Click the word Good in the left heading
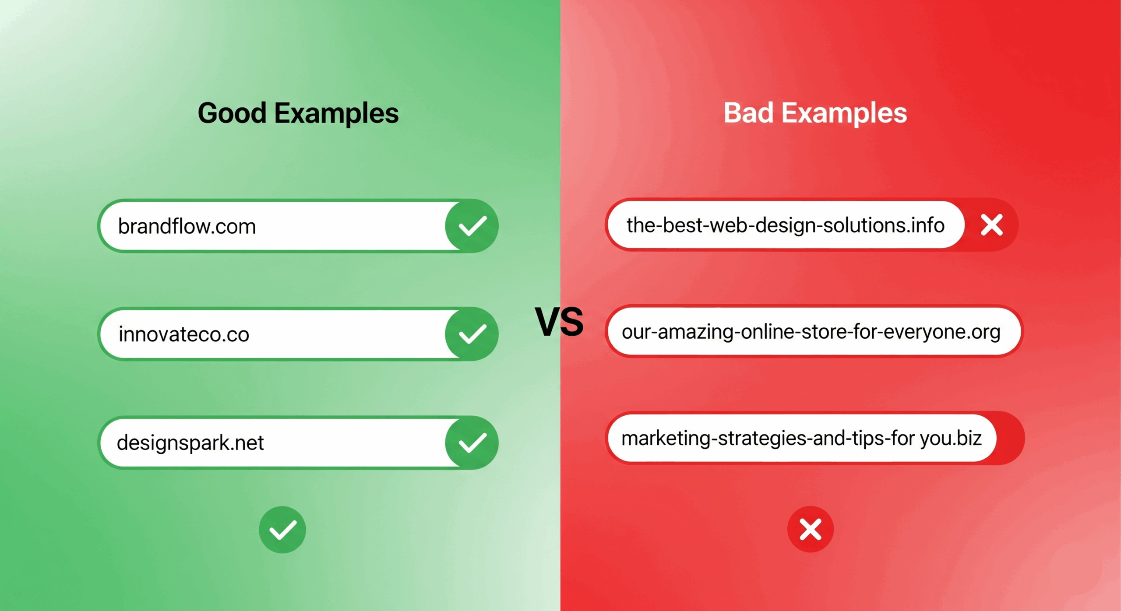pyautogui.click(x=232, y=113)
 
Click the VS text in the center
pyautogui.click(x=559, y=322)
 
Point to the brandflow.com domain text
pyautogui.click(x=187, y=226)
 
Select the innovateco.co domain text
pyautogui.click(x=184, y=334)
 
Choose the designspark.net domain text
pyautogui.click(x=190, y=442)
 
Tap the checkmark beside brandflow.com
pyautogui.click(x=472, y=226)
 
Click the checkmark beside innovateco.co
pyautogui.click(x=472, y=334)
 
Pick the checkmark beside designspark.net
pyautogui.click(x=472, y=442)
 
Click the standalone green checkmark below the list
pyautogui.click(x=282, y=530)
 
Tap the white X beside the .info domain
pyautogui.click(x=991, y=225)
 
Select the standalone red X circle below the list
pyautogui.click(x=810, y=529)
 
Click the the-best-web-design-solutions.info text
pyautogui.click(x=785, y=225)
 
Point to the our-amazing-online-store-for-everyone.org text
pyautogui.click(x=811, y=332)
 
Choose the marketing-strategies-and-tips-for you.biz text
pyautogui.click(x=801, y=438)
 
